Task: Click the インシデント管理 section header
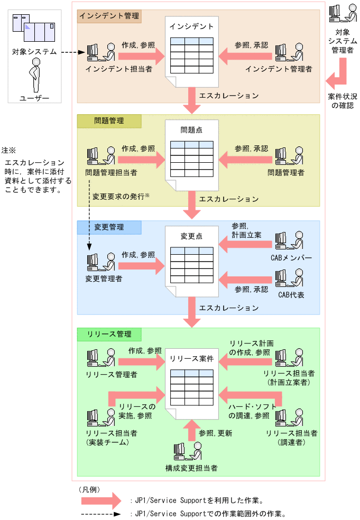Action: [x=109, y=16]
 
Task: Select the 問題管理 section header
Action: [x=109, y=121]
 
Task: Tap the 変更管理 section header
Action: [x=109, y=227]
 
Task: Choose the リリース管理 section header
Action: [x=109, y=335]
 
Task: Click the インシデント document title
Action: [x=192, y=26]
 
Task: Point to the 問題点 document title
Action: [x=191, y=130]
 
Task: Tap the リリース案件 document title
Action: [x=191, y=358]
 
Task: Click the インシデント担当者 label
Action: [x=118, y=69]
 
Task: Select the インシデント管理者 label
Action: [x=279, y=69]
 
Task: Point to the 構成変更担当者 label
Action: [x=191, y=468]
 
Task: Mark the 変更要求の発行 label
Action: [x=121, y=196]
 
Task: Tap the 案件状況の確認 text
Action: [x=342, y=101]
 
